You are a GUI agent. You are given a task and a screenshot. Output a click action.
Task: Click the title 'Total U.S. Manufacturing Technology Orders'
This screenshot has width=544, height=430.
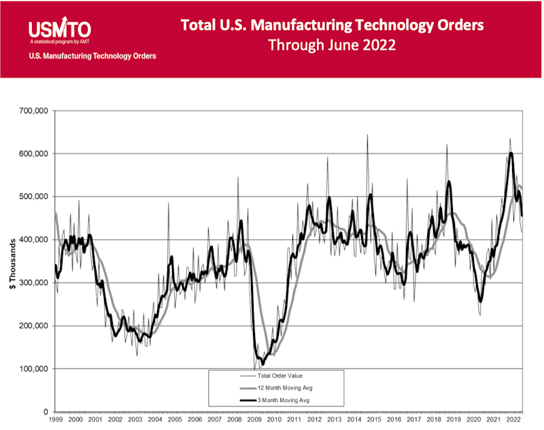coord(332,25)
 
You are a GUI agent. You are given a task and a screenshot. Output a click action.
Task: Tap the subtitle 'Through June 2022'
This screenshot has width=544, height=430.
coord(332,46)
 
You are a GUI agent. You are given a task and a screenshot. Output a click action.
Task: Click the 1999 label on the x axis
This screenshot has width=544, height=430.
coord(56,421)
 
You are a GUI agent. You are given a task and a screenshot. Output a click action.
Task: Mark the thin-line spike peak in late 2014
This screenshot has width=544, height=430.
coord(367,135)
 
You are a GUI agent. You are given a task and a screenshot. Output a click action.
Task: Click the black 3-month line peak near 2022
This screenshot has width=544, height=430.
coord(511,153)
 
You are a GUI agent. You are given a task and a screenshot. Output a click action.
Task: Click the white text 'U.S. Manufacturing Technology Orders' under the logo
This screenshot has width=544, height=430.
coord(92,56)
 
